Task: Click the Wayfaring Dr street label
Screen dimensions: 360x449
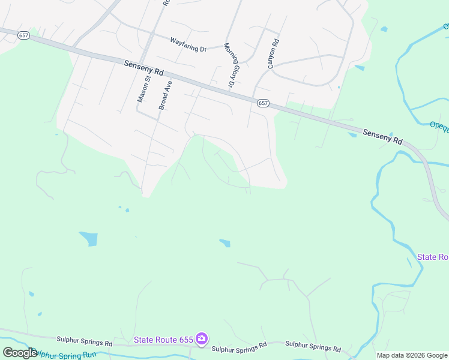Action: (x=187, y=43)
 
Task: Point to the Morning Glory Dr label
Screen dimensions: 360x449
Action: (x=229, y=66)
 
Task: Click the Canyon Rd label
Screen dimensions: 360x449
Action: (x=273, y=54)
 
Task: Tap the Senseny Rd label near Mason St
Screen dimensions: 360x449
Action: (x=144, y=67)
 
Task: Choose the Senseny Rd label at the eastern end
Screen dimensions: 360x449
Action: (x=382, y=136)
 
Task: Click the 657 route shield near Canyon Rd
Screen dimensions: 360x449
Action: (x=263, y=103)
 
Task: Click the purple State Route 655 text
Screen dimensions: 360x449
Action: (x=163, y=340)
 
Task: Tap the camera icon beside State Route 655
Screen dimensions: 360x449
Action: (x=201, y=340)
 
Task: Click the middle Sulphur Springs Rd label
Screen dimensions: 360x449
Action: (x=239, y=347)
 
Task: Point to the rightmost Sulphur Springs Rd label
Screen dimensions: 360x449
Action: (x=313, y=346)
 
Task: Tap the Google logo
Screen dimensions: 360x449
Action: (x=19, y=353)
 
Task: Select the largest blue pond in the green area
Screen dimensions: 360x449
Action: (x=88, y=238)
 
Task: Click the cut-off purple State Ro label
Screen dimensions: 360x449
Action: (x=433, y=257)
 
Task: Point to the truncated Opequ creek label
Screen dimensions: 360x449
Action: (x=439, y=125)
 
